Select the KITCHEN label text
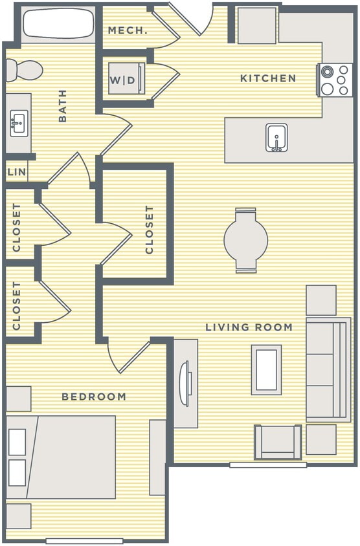click(x=268, y=78)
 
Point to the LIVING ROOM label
click(x=249, y=327)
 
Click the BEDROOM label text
click(x=94, y=397)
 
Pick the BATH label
click(x=63, y=105)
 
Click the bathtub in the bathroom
click(x=58, y=23)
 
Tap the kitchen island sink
click(x=276, y=137)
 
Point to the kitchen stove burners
click(x=335, y=80)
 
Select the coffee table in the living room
click(x=267, y=369)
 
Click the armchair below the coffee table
click(x=278, y=442)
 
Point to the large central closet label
click(x=150, y=230)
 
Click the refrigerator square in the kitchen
click(x=256, y=26)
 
